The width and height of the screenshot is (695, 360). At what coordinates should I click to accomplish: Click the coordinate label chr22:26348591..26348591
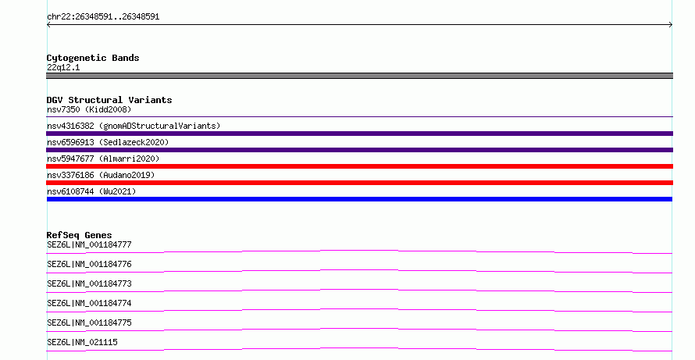[103, 17]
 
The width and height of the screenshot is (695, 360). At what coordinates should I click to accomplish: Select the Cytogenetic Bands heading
[93, 58]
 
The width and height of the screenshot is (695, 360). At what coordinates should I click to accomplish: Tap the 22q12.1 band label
[63, 68]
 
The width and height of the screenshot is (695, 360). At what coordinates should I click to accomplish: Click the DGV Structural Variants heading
[109, 100]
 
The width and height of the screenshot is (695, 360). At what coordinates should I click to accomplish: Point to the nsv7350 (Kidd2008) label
[89, 109]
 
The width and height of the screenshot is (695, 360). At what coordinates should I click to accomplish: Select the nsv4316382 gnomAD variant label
[134, 126]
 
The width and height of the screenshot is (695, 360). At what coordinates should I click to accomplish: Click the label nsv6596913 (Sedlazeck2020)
[108, 142]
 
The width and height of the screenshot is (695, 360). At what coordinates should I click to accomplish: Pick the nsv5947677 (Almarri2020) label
[103, 159]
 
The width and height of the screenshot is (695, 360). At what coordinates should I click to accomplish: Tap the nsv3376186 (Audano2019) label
[101, 175]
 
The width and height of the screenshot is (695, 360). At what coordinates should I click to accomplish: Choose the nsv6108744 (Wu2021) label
[91, 191]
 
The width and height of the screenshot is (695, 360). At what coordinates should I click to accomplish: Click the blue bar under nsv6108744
[359, 199]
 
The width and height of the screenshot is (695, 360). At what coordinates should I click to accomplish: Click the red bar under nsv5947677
[359, 166]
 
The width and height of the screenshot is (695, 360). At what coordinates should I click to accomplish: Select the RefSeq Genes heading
[79, 235]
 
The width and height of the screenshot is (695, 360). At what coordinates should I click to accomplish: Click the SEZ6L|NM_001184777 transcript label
[89, 244]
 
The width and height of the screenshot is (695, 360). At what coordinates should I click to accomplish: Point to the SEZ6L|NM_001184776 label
[89, 264]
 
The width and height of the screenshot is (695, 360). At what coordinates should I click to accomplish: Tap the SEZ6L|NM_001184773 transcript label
[89, 283]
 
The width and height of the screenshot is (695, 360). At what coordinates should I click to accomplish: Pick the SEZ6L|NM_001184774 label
[89, 303]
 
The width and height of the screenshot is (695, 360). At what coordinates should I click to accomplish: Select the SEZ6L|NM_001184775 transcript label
[89, 323]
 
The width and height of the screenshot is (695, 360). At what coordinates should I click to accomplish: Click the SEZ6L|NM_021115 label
[82, 342]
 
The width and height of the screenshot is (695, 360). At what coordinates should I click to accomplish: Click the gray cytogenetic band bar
[359, 76]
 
